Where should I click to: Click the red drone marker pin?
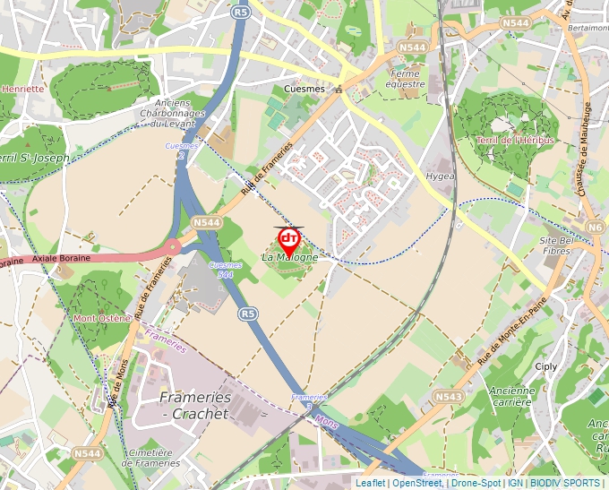[x=289, y=240]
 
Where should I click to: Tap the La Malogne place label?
[x=289, y=258]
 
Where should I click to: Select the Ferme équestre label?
[x=407, y=79]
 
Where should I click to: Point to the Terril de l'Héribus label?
[x=515, y=141]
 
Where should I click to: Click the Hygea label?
[x=441, y=176]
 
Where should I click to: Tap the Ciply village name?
[x=545, y=366]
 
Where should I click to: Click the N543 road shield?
[x=448, y=395]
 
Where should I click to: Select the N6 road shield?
[x=596, y=228]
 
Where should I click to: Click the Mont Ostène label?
[x=102, y=318]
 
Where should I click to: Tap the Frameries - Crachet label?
[x=195, y=405]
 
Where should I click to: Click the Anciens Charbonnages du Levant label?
[x=179, y=114]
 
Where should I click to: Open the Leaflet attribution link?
[x=370, y=483]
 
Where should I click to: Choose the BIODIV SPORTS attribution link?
[x=565, y=483]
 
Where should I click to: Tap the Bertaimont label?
[x=587, y=28]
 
